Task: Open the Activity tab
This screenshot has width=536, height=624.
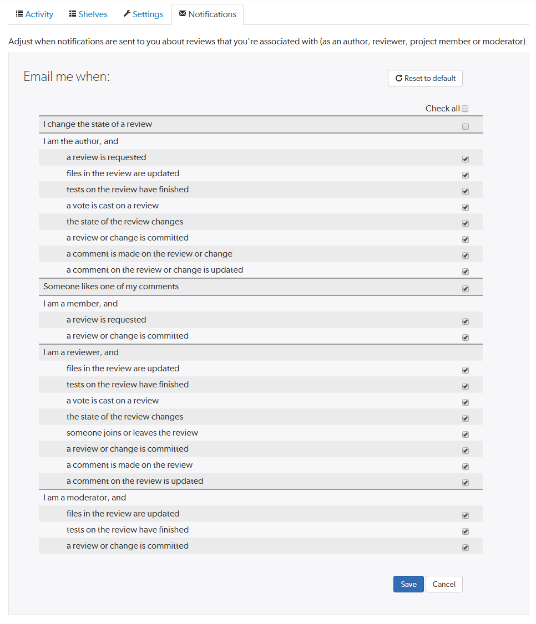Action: (x=34, y=14)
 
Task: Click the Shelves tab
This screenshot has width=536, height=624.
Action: (x=88, y=14)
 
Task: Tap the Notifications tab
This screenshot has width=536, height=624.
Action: (x=208, y=14)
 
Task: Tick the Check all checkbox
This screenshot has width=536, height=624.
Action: (x=465, y=109)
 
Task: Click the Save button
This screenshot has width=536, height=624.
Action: (x=408, y=584)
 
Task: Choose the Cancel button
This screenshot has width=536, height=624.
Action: (x=444, y=584)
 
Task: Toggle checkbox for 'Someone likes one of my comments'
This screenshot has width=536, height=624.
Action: (x=465, y=289)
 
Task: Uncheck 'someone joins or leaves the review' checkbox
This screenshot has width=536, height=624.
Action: (x=465, y=435)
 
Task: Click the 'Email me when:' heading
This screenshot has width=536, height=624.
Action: (x=67, y=76)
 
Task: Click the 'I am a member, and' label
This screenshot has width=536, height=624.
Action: (x=80, y=304)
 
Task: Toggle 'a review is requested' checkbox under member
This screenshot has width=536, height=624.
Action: (x=465, y=321)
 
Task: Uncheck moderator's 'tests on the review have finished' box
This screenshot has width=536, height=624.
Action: (x=465, y=531)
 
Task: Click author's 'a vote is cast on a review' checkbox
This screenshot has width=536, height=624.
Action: (x=465, y=207)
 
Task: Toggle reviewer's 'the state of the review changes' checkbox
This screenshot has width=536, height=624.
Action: (x=465, y=419)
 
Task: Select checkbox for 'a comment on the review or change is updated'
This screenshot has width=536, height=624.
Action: (x=465, y=272)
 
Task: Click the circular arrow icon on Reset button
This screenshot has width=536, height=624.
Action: (x=398, y=79)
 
